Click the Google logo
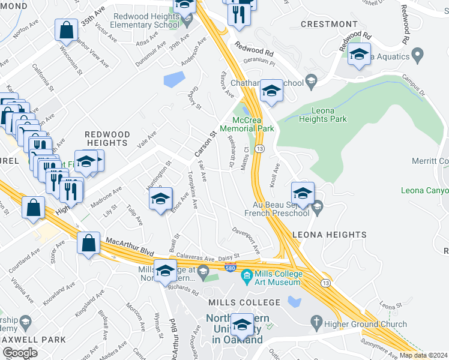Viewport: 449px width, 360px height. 20,353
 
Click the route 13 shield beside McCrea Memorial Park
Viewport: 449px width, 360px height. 259,148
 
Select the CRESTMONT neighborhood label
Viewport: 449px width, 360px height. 329,24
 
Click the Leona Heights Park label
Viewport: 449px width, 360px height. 329,115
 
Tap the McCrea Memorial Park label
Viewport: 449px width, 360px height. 247,124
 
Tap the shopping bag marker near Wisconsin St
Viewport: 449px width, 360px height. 66,29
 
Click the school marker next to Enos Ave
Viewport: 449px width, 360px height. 160,199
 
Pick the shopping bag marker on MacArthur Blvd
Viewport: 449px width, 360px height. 89,243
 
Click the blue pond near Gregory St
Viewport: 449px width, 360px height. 174,79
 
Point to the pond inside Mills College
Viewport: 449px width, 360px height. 294,301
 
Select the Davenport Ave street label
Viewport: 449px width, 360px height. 247,239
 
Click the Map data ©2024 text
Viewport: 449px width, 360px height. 423,355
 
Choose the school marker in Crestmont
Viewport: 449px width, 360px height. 359,53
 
